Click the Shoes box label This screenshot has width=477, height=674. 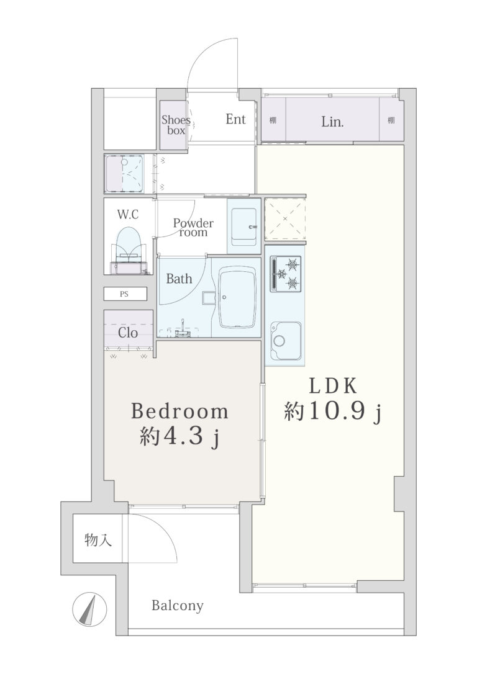(x=176, y=125)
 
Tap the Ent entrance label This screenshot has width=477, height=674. (x=235, y=119)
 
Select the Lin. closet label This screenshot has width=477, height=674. (x=332, y=122)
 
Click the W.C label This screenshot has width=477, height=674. (x=128, y=214)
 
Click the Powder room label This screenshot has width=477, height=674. (x=194, y=228)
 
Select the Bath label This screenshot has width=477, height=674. (x=179, y=279)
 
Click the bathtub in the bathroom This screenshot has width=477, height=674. (x=238, y=297)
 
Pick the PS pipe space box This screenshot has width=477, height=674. (x=125, y=294)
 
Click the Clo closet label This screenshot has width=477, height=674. (x=128, y=333)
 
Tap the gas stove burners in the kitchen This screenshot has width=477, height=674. (x=286, y=273)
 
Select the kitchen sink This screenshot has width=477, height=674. (x=285, y=339)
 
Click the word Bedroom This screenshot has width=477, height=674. (x=179, y=411)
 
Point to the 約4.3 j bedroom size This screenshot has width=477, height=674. (x=179, y=437)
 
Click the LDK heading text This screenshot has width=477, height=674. (x=334, y=387)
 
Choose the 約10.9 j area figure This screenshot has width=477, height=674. (x=333, y=412)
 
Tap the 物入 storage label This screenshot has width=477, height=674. (x=98, y=539)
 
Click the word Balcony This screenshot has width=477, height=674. (x=177, y=606)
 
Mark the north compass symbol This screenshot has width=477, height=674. (x=89, y=609)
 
